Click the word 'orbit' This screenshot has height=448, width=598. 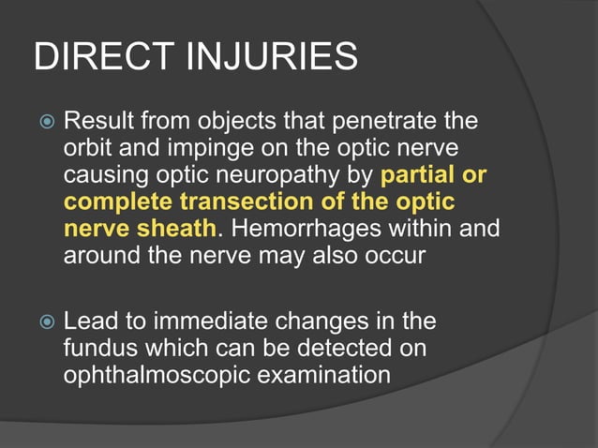(85, 149)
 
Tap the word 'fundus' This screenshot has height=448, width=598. (97, 348)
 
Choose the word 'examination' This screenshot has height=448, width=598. (325, 375)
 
